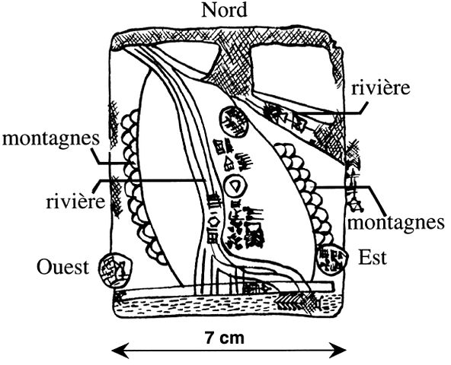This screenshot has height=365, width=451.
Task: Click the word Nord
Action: (224, 11)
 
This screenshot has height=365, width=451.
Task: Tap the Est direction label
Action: (372, 258)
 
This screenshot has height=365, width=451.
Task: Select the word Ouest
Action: (62, 267)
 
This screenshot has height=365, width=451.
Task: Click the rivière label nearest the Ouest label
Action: (75, 202)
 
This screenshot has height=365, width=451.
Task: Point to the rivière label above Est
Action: (380, 88)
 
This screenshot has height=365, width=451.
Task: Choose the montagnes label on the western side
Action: (51, 139)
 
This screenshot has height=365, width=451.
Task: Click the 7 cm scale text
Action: (225, 338)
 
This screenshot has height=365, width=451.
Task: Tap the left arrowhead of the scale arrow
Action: (119, 351)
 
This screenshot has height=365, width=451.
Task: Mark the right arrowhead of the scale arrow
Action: (339, 351)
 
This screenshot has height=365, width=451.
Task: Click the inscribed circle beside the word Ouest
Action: (115, 270)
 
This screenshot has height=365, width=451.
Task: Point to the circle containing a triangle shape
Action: (235, 186)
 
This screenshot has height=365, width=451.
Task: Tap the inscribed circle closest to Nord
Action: (234, 122)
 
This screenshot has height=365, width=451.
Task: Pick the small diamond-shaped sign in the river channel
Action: (214, 221)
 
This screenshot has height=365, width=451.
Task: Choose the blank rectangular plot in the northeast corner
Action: (290, 71)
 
